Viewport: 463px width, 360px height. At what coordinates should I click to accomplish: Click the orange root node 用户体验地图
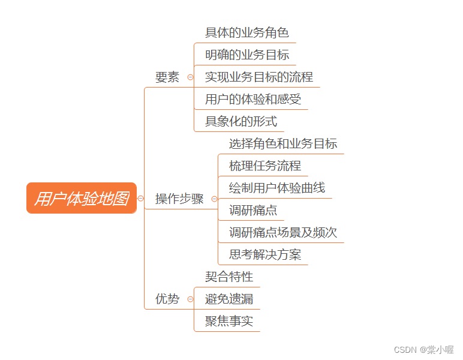click(82, 199)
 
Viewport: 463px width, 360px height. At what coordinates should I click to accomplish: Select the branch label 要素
click(167, 77)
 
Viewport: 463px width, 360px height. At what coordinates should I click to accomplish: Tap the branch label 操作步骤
click(179, 199)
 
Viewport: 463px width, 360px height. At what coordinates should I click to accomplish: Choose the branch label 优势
click(167, 299)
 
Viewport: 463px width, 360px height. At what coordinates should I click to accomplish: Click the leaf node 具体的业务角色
click(247, 32)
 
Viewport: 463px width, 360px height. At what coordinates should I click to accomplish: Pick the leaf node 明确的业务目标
click(247, 55)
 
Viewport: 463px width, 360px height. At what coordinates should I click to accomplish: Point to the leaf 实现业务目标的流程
click(259, 77)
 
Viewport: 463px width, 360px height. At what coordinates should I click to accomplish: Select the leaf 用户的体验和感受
click(253, 100)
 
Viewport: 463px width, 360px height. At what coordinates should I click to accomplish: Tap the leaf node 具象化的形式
click(241, 122)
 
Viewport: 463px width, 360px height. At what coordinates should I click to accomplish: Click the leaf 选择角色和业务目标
click(283, 144)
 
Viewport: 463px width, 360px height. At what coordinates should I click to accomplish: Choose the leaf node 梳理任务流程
click(265, 166)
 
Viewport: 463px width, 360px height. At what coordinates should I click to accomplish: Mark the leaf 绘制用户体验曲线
click(277, 188)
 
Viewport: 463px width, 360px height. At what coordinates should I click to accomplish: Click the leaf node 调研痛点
click(253, 211)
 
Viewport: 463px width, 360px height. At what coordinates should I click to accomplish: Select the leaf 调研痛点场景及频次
click(283, 233)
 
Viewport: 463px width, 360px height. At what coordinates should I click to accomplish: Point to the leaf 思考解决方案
click(265, 255)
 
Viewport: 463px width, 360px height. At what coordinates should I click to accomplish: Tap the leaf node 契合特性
click(229, 277)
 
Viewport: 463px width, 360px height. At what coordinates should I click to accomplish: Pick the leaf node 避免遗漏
click(229, 299)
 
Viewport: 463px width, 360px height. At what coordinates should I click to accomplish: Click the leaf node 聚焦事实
click(229, 321)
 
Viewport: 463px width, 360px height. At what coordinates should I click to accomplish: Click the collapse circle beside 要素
click(191, 77)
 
